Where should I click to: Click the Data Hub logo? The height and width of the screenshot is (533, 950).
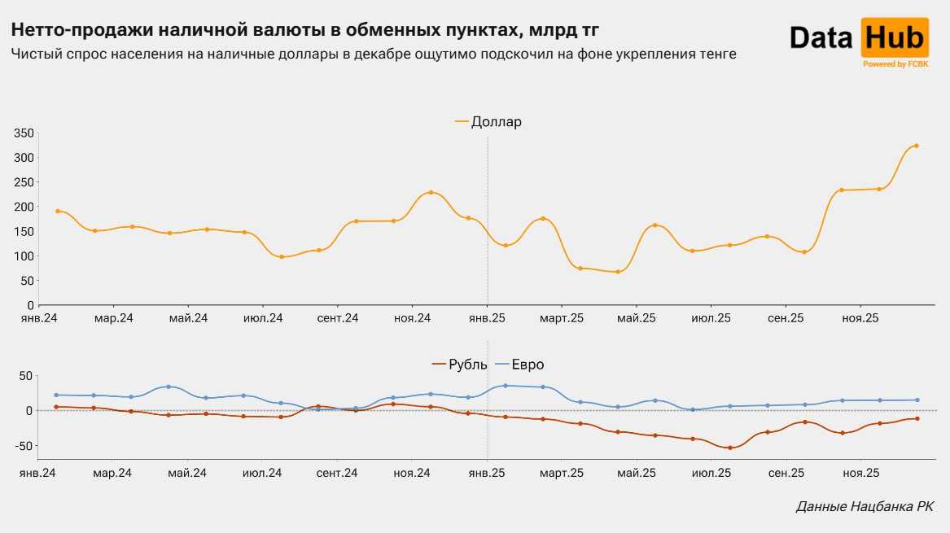coord(858,38)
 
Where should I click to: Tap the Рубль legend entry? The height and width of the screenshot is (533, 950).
coord(468,365)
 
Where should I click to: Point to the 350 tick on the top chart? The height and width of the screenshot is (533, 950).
coord(24,133)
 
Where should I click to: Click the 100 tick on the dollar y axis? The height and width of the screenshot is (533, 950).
coord(24,256)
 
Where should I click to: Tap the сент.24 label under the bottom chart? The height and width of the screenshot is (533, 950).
coord(337,473)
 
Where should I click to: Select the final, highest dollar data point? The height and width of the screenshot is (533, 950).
coord(916,146)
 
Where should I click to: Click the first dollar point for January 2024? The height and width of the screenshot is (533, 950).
coord(57,211)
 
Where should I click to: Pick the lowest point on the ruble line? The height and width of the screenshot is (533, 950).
coord(729,448)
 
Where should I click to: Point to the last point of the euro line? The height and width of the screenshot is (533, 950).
coord(917,400)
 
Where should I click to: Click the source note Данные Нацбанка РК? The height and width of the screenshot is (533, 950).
coord(865,507)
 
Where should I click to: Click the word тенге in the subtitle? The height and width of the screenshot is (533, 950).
coord(716,55)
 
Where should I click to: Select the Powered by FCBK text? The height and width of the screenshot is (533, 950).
coord(895,63)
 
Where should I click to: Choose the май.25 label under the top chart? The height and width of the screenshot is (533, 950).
coord(637,318)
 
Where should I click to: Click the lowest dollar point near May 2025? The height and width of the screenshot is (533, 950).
coord(617,272)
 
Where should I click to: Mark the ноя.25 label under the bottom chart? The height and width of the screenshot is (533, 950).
coord(860,473)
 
